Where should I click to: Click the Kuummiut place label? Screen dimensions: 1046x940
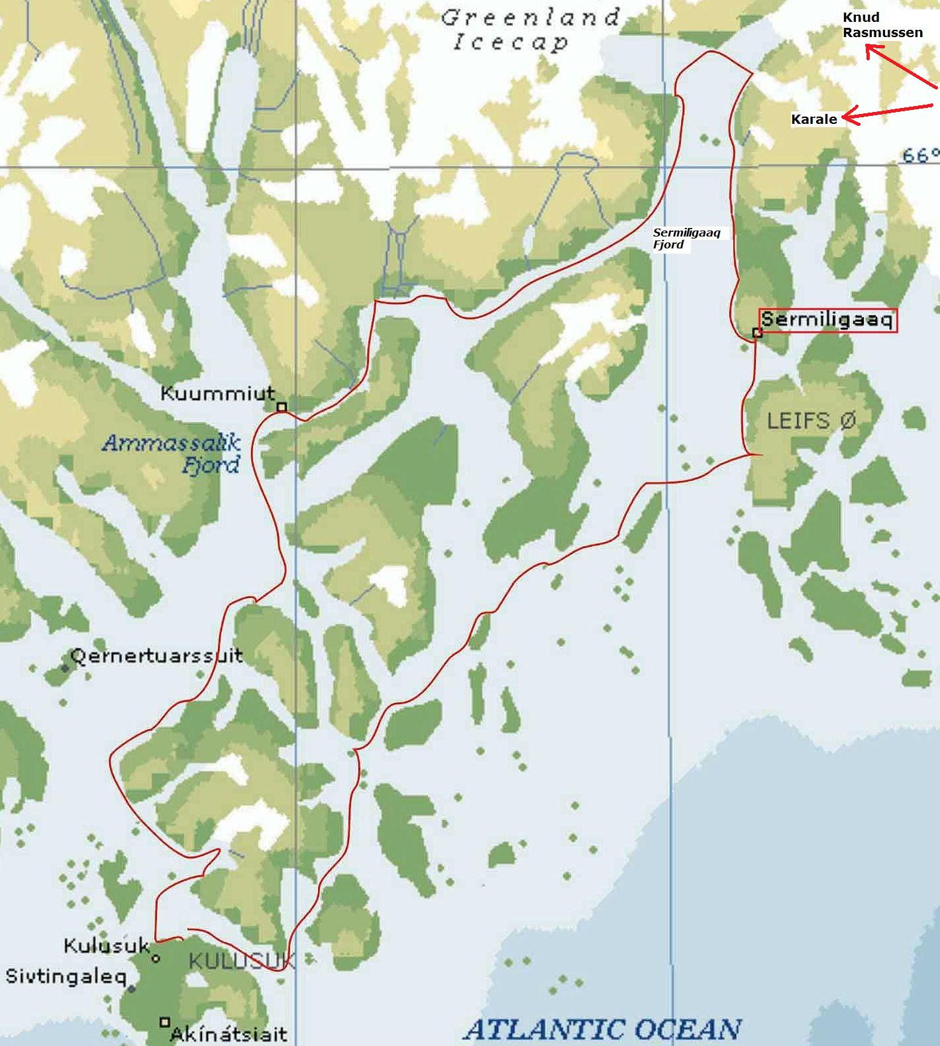click(217, 393)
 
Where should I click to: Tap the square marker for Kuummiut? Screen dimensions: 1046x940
click(282, 407)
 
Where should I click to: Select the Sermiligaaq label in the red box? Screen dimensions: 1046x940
click(828, 321)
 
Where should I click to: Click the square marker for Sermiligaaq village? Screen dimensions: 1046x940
click(758, 333)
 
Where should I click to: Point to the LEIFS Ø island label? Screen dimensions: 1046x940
click(811, 421)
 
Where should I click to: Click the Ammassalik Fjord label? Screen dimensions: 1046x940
click(172, 454)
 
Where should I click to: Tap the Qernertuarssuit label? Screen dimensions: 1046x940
click(156, 656)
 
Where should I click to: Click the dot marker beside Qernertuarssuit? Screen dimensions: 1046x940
click(64, 668)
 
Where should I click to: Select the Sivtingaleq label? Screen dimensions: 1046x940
click(66, 976)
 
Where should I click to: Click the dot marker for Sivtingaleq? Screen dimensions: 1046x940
click(132, 988)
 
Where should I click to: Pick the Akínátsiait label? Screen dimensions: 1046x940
click(229, 1033)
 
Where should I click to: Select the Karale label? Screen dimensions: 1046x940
click(814, 119)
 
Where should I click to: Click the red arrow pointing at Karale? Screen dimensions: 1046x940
click(888, 113)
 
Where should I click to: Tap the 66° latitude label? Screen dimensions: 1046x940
click(920, 155)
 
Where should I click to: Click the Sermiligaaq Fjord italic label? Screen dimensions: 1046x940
click(686, 238)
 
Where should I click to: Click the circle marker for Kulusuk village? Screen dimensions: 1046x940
click(156, 959)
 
